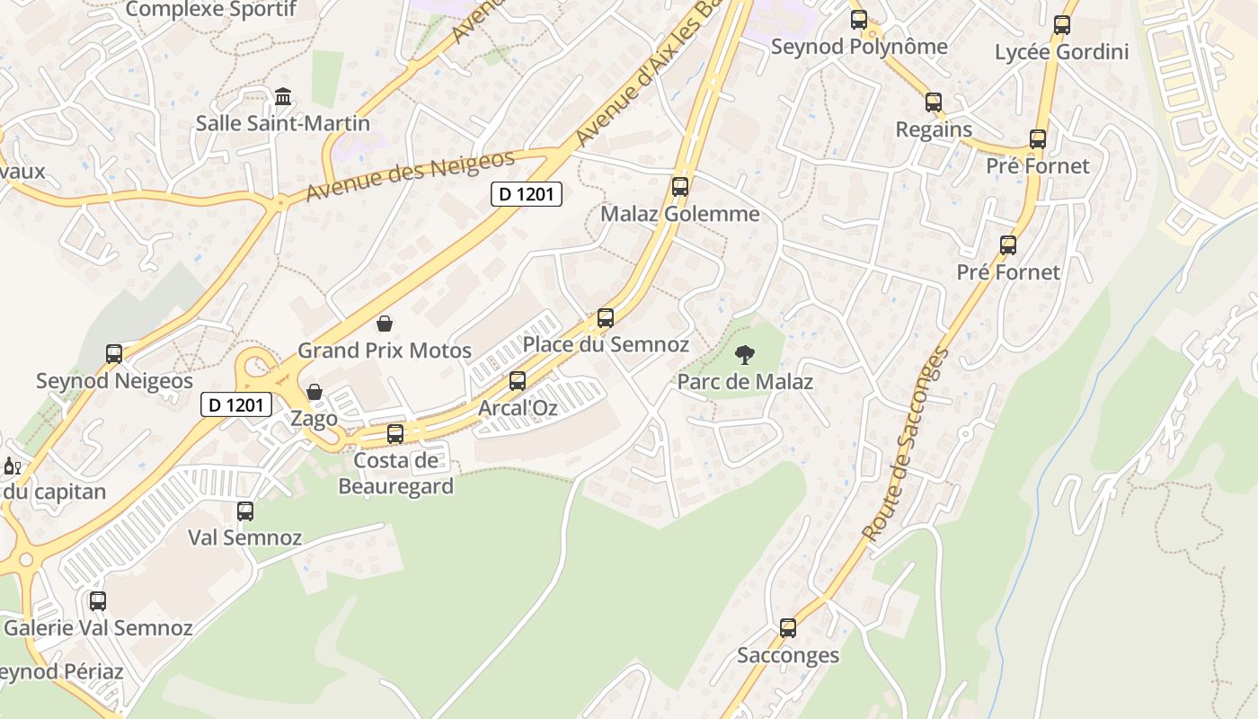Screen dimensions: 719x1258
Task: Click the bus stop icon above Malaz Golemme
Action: click(x=680, y=187)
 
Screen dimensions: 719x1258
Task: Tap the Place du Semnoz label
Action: click(x=606, y=344)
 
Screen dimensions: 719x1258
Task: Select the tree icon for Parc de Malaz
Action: click(x=744, y=355)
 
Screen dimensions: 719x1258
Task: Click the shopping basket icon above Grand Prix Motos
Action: click(x=385, y=324)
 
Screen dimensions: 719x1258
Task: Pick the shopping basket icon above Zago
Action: click(x=314, y=392)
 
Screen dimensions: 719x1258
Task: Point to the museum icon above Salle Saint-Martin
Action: click(x=283, y=96)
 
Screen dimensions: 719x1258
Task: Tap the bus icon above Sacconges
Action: click(x=788, y=628)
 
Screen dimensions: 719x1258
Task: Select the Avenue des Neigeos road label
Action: click(x=410, y=175)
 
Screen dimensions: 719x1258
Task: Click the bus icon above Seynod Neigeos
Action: click(x=114, y=354)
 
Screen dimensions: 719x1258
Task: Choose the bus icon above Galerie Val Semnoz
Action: click(x=98, y=601)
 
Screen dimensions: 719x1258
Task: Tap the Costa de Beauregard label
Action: click(x=396, y=474)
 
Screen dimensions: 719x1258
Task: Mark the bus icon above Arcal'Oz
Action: click(x=518, y=381)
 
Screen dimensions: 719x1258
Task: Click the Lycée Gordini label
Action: click(x=1061, y=52)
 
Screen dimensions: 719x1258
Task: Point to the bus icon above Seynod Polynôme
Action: click(x=859, y=20)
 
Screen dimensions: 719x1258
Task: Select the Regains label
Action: click(x=934, y=129)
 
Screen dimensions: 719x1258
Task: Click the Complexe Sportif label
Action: click(x=211, y=10)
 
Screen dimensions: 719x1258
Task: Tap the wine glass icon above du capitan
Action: click(x=12, y=466)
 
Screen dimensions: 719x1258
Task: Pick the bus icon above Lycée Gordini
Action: click(x=1062, y=25)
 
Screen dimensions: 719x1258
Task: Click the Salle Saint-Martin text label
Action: click(x=283, y=123)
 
